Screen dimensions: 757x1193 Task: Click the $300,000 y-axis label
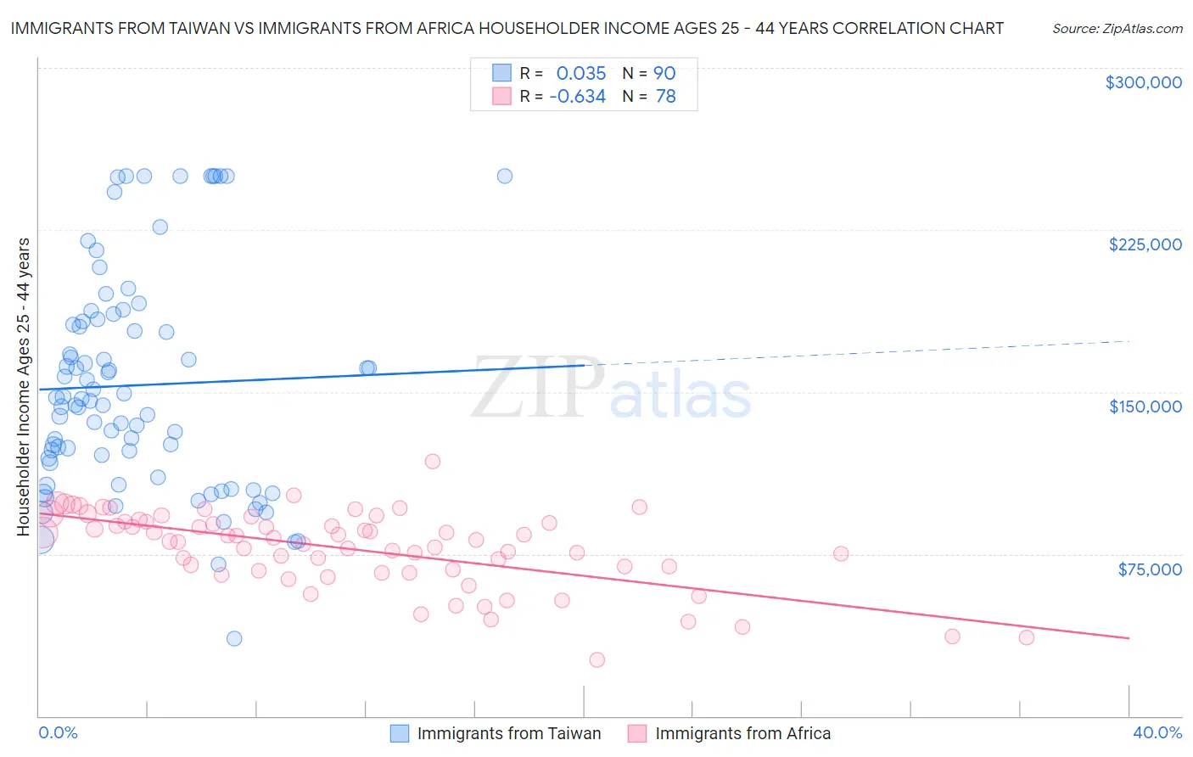pyautogui.click(x=1143, y=82)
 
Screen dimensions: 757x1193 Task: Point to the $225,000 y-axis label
pyautogui.click(x=1145, y=244)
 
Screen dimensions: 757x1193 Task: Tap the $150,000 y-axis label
pyautogui.click(x=1145, y=407)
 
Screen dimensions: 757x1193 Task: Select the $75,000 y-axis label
pyautogui.click(x=1149, y=569)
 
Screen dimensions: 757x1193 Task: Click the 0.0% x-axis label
pyautogui.click(x=58, y=732)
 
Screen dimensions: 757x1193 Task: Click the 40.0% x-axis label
pyautogui.click(x=1157, y=732)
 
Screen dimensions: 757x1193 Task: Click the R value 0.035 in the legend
pyautogui.click(x=580, y=74)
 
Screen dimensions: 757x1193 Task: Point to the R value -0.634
pyautogui.click(x=577, y=97)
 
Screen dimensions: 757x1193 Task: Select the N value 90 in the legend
pyautogui.click(x=664, y=74)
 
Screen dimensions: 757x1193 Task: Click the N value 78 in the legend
pyautogui.click(x=665, y=97)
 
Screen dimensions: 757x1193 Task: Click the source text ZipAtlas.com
pyautogui.click(x=1117, y=28)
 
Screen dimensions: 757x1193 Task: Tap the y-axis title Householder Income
pyautogui.click(x=23, y=386)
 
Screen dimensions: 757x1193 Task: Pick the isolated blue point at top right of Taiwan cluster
pyautogui.click(x=504, y=177)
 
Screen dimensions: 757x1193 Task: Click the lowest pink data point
pyautogui.click(x=596, y=659)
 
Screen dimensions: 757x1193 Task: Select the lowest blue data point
pyautogui.click(x=234, y=638)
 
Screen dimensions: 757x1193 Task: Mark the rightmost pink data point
pyautogui.click(x=1026, y=637)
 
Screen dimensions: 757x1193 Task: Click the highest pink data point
pyautogui.click(x=432, y=462)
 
